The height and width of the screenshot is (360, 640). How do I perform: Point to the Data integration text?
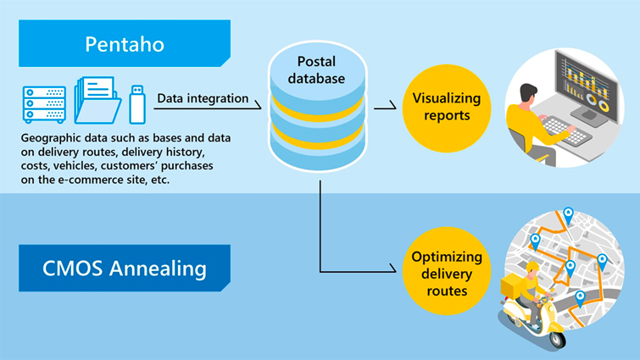(x=202, y=99)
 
